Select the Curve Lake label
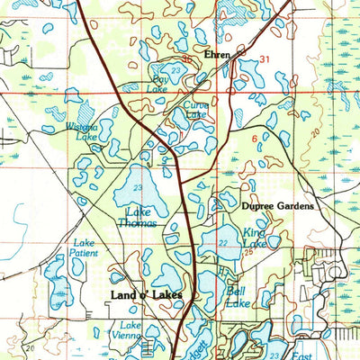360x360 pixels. tap(196, 109)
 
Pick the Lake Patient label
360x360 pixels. tap(84, 248)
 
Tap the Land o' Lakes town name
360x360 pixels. tap(147, 294)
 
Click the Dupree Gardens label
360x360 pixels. tap(278, 206)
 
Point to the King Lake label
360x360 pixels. tap(255, 237)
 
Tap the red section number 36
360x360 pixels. tap(187, 60)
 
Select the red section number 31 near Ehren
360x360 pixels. tap(265, 59)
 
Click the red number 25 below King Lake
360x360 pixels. tap(249, 253)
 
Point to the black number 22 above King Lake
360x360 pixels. tap(222, 243)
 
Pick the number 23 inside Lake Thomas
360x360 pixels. tap(137, 186)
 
